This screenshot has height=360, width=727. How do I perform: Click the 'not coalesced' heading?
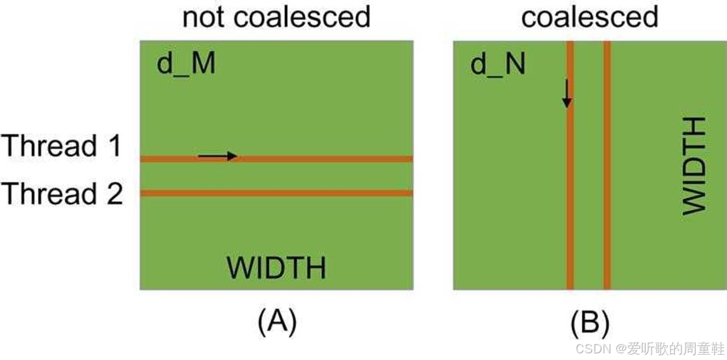pos(276,17)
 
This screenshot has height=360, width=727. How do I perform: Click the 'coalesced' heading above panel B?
pos(589,17)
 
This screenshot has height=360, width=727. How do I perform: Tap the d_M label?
pos(186,65)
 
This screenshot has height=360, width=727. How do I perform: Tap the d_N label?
pos(498,65)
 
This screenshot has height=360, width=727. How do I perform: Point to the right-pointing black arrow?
pos(218,156)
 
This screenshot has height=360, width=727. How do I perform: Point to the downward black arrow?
pos(566,94)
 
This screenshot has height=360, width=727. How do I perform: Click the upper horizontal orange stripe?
pos(334,159)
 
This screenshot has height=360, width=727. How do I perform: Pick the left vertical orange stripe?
pos(569,200)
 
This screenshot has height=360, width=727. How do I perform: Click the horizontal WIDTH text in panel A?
pos(276,268)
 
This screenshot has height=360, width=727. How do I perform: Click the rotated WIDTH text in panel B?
pos(694,166)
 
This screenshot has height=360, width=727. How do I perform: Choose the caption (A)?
pos(276,323)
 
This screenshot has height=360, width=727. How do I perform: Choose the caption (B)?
pos(589,323)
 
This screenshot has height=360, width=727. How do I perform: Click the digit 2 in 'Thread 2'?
pos(114,194)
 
